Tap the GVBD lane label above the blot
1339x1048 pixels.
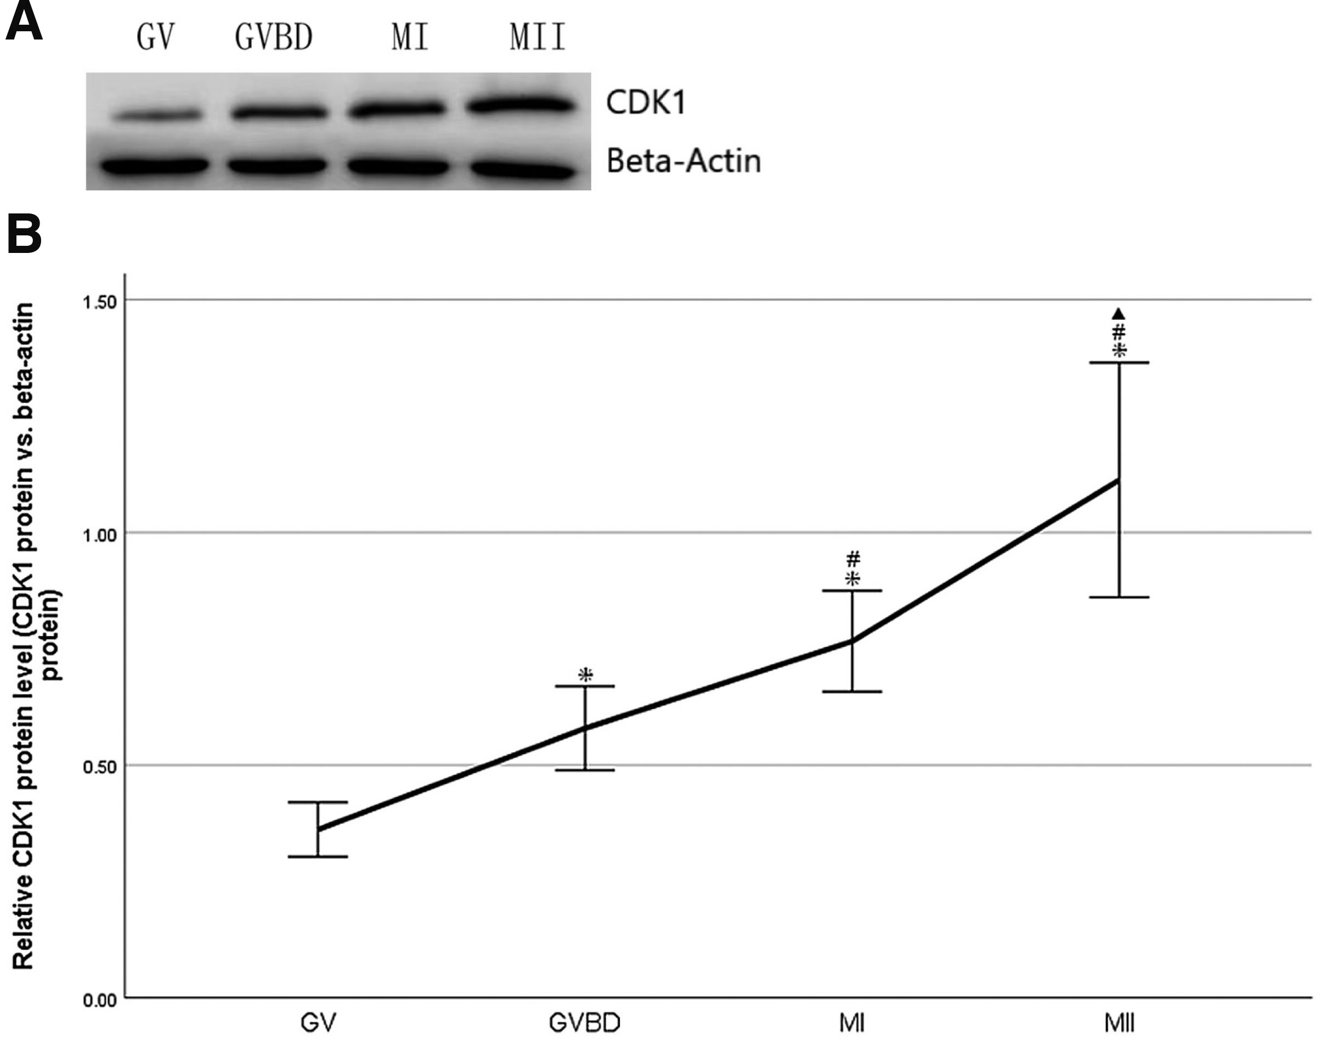[x=274, y=37]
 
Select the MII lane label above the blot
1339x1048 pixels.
[x=538, y=37]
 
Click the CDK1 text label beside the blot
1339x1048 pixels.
[x=645, y=103]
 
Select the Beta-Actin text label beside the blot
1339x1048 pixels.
[x=683, y=161]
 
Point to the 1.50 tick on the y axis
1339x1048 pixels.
[x=99, y=302]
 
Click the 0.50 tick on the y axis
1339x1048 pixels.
[x=99, y=767]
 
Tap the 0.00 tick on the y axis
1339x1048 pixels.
[x=99, y=1001]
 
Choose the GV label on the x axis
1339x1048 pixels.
[x=318, y=1023]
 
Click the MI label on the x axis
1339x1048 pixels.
[x=851, y=1023]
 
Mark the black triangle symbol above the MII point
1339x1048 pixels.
[x=1119, y=314]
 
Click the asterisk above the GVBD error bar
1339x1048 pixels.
[x=586, y=675]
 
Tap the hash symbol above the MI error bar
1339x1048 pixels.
[x=852, y=559]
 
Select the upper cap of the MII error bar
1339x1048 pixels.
[x=1119, y=363]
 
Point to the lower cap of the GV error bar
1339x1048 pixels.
[x=318, y=857]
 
